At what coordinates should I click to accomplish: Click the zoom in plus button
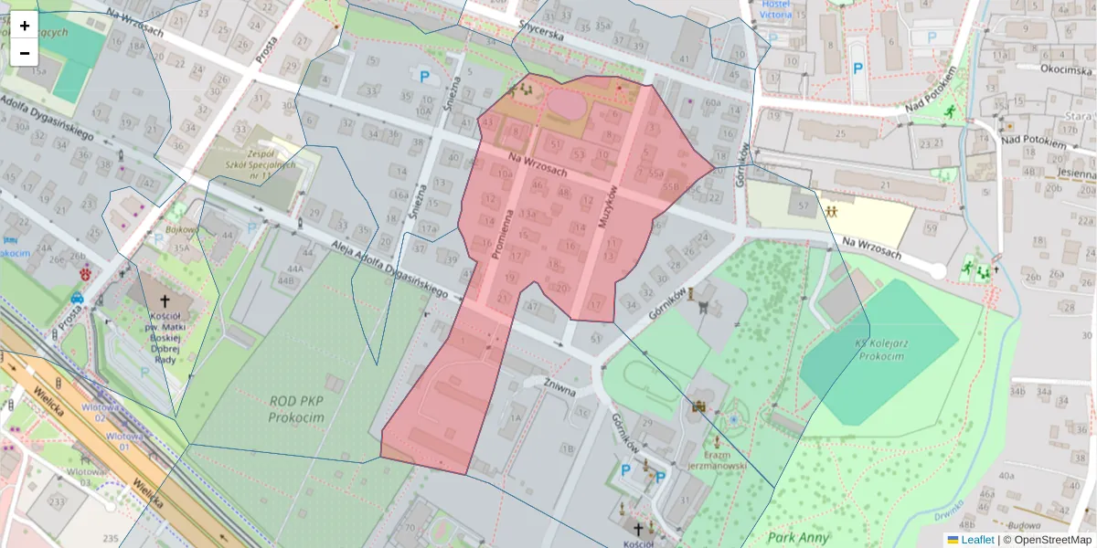25,26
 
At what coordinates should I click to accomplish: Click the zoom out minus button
25,53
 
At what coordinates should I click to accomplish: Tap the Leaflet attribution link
977,540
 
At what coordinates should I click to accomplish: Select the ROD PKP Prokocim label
298,409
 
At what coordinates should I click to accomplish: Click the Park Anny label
798,537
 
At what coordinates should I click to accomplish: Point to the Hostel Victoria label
776,9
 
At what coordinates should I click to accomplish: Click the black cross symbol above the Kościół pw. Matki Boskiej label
165,300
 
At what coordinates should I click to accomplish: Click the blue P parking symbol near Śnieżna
424,78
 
